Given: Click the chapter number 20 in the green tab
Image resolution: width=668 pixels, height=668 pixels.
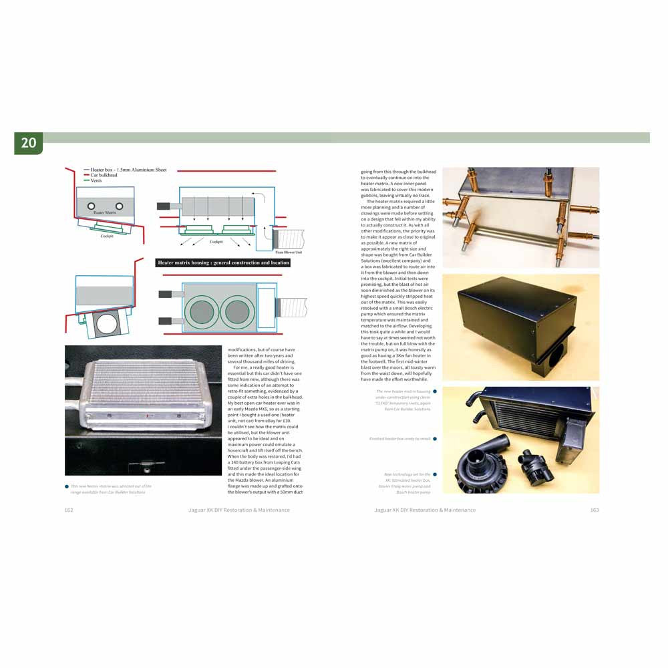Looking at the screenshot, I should point(29,142).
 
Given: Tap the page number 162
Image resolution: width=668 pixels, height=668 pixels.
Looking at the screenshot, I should point(69,510).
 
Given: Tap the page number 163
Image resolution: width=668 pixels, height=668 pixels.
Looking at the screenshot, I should point(595,510).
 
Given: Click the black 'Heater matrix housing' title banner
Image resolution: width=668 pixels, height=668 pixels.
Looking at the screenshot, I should point(223,263).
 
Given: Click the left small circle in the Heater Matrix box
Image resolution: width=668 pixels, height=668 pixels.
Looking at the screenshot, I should point(90,204).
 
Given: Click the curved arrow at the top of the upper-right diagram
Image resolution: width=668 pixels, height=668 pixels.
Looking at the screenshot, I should point(263,194).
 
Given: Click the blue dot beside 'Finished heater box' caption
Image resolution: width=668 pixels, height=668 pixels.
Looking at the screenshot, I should point(434,439).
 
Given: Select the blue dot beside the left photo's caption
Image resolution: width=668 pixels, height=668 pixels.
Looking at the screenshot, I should point(67,486).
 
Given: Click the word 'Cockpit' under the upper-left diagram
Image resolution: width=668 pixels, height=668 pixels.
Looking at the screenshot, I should point(107,236).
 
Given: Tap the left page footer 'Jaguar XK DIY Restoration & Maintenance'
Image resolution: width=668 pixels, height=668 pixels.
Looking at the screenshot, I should point(239,510).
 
